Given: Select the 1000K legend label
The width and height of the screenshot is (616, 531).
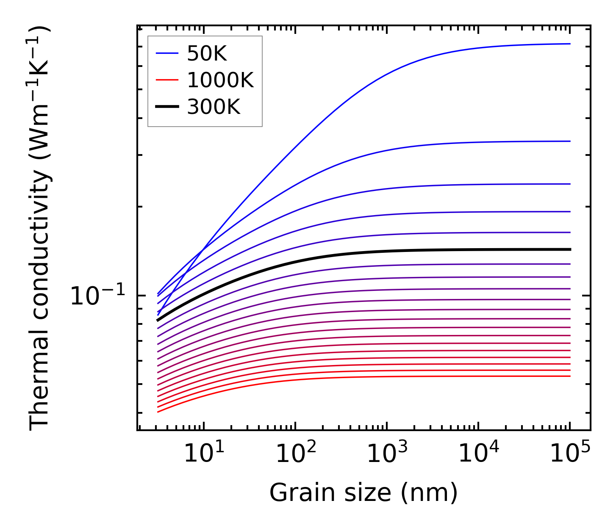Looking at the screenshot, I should click(220, 80).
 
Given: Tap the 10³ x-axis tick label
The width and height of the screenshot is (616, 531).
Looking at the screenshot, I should click(387, 454).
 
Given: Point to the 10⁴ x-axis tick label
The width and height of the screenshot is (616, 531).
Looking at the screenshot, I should click(478, 454).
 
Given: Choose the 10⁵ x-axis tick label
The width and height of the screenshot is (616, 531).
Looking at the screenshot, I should click(570, 454).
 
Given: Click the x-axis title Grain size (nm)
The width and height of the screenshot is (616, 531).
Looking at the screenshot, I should click(363, 493).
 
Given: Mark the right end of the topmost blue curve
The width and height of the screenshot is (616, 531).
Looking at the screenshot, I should click(570, 44).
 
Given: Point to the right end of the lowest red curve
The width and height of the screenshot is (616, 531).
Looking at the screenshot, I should click(570, 376).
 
